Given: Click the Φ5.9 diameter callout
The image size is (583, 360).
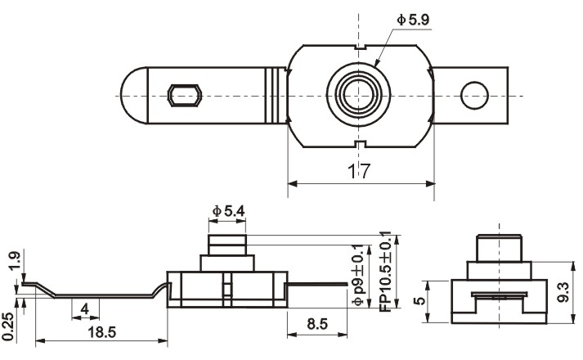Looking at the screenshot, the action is coord(413,20).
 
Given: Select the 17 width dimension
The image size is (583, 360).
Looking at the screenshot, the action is coord(359,171).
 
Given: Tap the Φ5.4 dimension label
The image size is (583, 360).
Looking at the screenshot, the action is coord(228,211).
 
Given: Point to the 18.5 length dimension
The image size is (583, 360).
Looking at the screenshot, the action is coord(102,332).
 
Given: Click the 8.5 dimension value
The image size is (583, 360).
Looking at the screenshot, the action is coord(317,324).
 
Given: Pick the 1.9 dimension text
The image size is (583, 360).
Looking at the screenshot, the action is coord(14,261).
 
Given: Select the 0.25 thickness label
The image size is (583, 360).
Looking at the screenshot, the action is coord(8,327).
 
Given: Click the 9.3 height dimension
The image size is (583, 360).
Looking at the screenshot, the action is coord(563,292).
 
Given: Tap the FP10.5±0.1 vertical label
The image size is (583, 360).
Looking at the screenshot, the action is coord(385,272).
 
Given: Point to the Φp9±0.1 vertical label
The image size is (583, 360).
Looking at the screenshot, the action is coord(357,275).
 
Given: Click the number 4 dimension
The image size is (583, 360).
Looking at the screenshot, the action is coord(85,308).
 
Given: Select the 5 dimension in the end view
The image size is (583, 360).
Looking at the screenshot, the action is coord(419,300).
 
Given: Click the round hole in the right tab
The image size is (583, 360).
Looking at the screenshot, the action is coord(474,96).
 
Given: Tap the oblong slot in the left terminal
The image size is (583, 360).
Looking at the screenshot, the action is coord(185,96).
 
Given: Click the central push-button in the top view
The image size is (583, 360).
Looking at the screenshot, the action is coord(359,95).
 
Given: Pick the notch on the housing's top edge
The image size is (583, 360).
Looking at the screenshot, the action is coord(360,47).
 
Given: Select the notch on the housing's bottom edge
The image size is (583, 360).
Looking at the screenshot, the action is coord(360,144).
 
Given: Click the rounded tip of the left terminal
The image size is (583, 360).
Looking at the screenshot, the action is coord(134,96).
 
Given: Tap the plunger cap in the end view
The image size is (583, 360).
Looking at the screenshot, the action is coord(499,248).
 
